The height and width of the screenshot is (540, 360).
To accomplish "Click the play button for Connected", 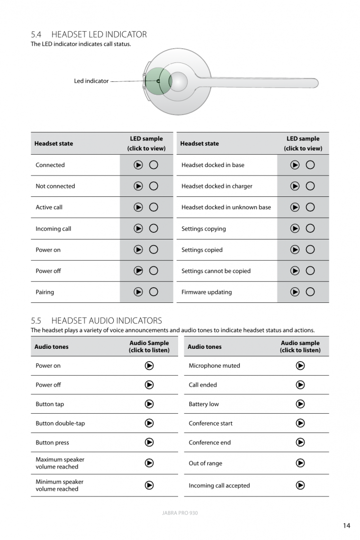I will click(138, 165).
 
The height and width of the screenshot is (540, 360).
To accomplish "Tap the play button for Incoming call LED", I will click(138, 229).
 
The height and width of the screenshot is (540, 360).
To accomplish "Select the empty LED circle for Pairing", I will click(153, 292).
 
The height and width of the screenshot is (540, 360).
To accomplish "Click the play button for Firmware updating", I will click(295, 292).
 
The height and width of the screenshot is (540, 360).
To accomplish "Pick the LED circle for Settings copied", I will click(310, 250).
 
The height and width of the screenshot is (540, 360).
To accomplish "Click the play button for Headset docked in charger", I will click(295, 186).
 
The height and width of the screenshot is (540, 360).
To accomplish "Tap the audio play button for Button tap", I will click(149, 404).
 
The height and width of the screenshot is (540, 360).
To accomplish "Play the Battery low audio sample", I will click(300, 404).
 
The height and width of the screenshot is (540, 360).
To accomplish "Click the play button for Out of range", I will click(300, 463).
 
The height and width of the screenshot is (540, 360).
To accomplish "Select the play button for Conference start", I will click(300, 423).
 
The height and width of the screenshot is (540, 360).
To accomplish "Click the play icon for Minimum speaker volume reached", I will click(149, 485).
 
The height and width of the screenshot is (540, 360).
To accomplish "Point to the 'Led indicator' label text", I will click(91, 81).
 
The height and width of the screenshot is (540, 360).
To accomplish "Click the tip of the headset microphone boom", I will click(315, 83).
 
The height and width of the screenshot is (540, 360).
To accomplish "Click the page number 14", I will click(347, 525).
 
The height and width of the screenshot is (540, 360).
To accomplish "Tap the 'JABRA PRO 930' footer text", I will click(180, 513).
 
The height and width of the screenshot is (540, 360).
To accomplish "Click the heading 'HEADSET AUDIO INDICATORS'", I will click(107, 320).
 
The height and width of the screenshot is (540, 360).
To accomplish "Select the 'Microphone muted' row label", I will click(214, 366).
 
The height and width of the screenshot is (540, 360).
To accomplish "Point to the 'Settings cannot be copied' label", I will click(216, 271).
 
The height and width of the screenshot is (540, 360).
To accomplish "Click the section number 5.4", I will click(36, 34).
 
